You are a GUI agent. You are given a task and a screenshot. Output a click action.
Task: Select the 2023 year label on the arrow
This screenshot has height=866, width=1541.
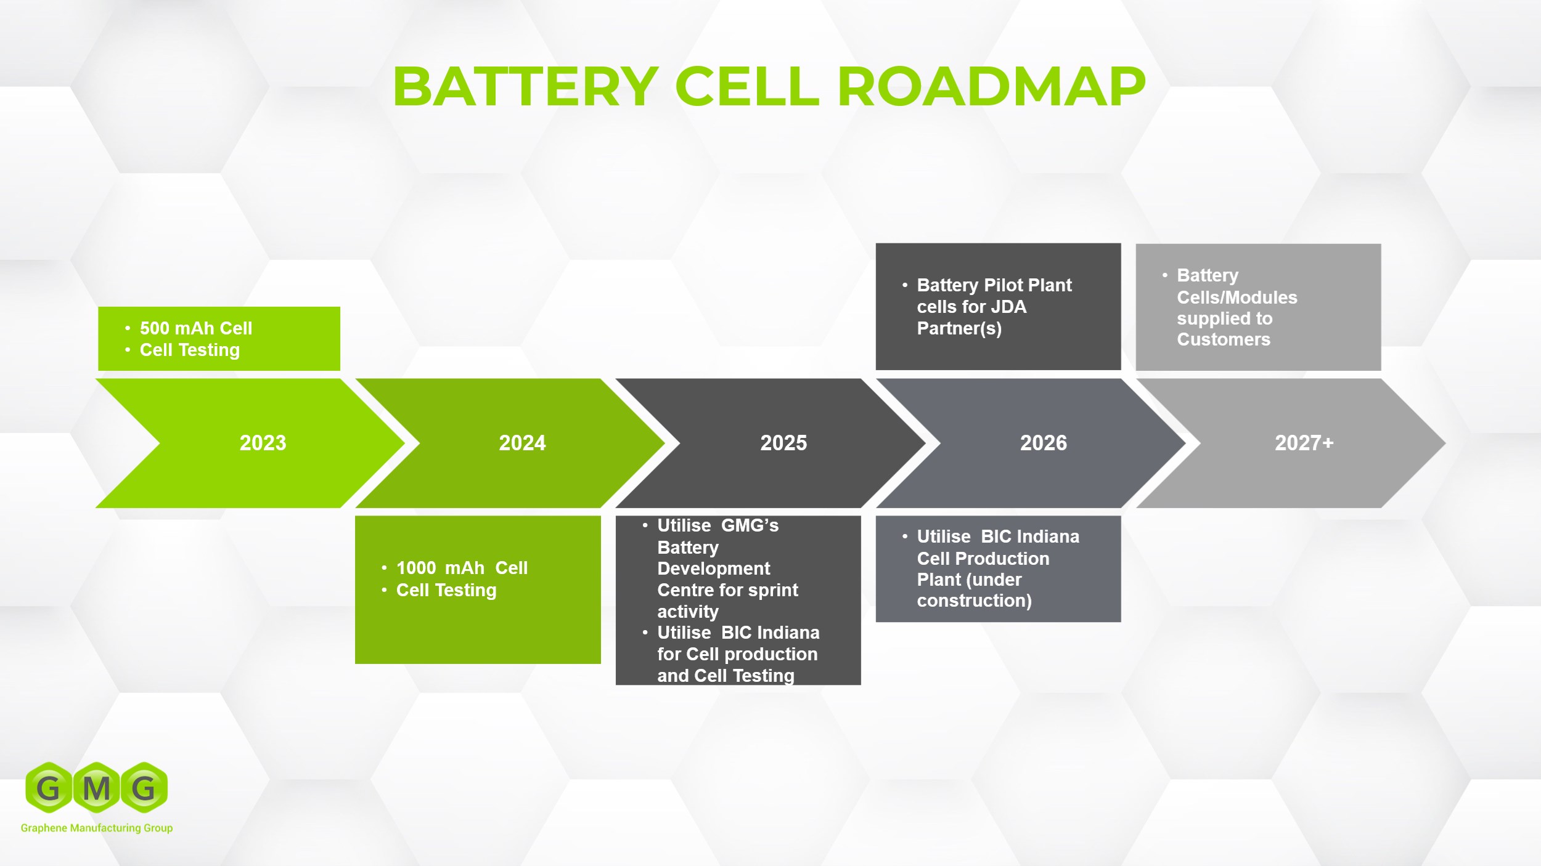(263, 443)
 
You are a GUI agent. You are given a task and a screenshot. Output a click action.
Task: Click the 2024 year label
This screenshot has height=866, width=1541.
(522, 443)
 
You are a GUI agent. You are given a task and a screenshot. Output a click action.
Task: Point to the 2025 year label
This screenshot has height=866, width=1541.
(783, 443)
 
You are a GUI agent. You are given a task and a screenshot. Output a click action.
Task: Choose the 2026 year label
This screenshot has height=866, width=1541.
(1043, 443)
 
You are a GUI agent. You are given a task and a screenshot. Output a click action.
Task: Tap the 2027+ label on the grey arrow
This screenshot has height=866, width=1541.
(1304, 443)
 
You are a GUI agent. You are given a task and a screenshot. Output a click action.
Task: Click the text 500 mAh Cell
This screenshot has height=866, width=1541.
(195, 328)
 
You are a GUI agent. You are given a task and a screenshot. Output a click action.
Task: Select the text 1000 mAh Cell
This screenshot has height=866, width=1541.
(462, 568)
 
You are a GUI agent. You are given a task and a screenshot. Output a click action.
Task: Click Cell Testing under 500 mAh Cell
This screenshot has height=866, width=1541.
(189, 350)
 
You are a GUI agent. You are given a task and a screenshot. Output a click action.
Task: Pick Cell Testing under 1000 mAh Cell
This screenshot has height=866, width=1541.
(446, 590)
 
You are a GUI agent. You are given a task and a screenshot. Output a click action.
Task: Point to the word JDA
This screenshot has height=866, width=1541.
(1008, 307)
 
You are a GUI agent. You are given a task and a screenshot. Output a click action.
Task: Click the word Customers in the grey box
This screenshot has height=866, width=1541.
(1223, 339)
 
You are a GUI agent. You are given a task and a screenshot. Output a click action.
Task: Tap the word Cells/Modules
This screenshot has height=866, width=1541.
(1236, 297)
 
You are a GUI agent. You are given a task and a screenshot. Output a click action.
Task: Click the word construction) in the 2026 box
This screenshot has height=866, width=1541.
(974, 601)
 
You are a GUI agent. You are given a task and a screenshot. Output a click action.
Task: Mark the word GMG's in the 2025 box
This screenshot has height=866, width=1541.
(750, 525)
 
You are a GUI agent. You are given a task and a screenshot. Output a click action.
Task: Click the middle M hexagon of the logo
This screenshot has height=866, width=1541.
(96, 788)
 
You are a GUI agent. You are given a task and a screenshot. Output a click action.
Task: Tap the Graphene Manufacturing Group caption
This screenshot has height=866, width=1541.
(97, 828)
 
